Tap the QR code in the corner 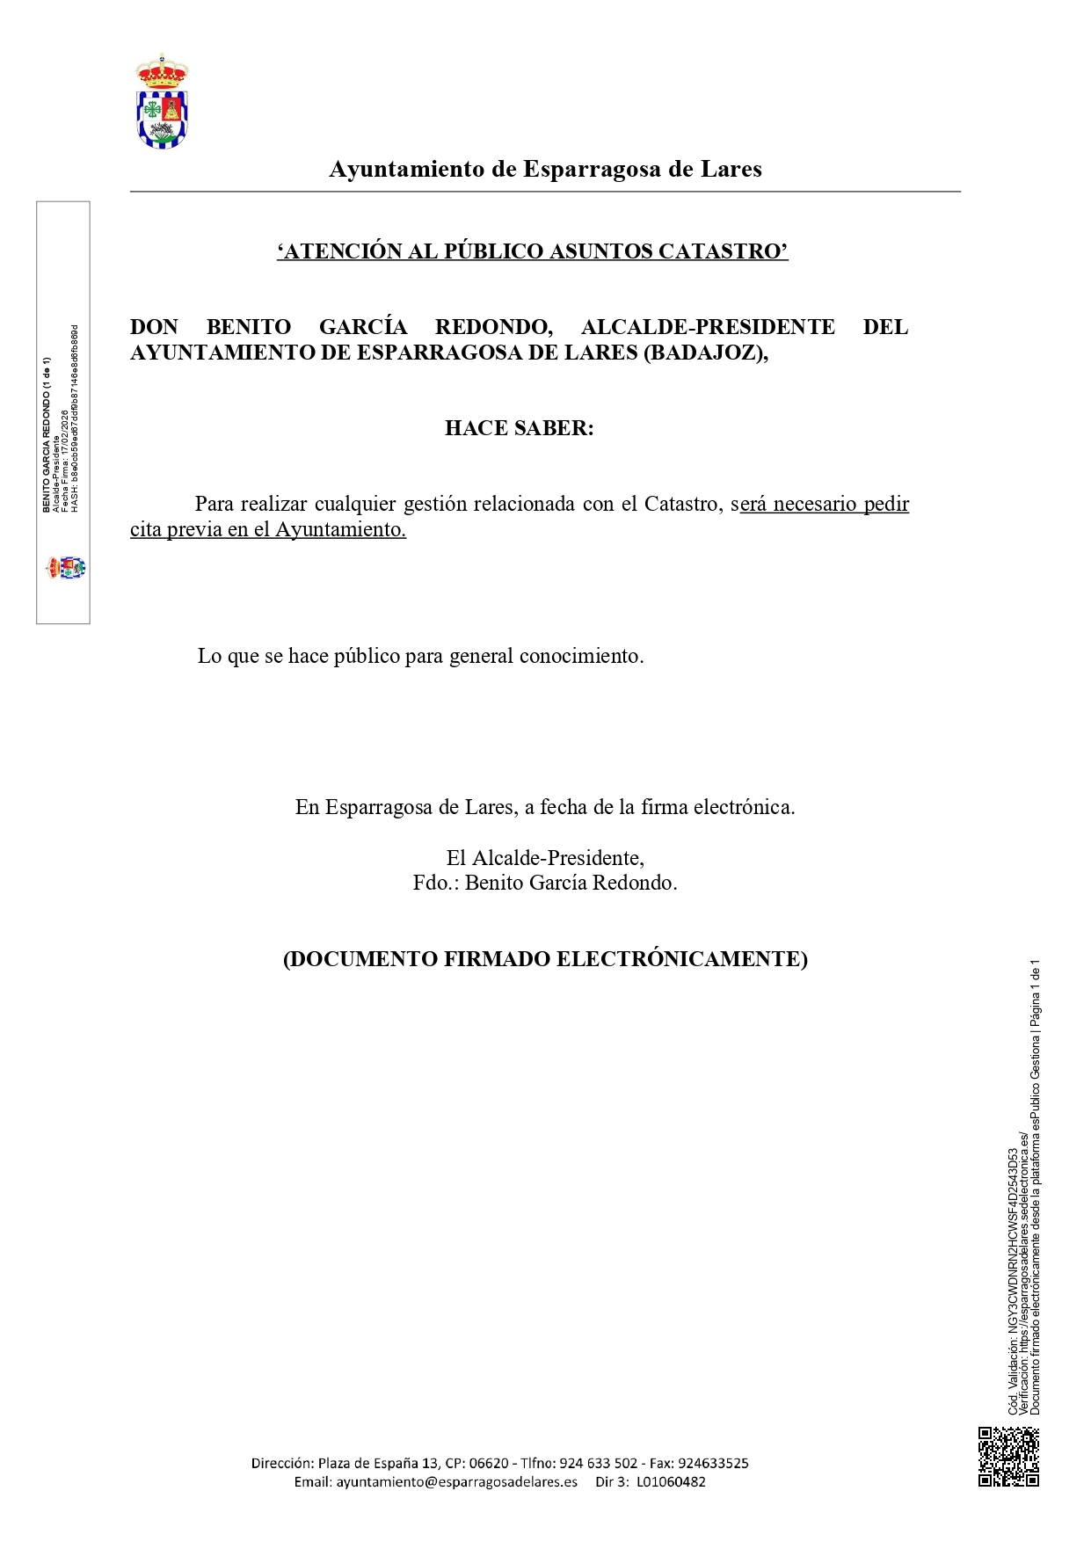point(1008,1457)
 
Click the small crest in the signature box point(66,568)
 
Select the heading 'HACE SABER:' point(519,428)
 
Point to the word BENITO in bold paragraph point(249,327)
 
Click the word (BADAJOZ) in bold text point(706,353)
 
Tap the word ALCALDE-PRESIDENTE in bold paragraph point(708,327)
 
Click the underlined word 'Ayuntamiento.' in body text point(341,529)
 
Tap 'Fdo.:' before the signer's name point(435,883)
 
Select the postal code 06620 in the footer point(489,1464)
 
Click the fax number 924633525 point(713,1464)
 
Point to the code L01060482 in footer point(671,1482)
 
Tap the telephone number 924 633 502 point(598,1464)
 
